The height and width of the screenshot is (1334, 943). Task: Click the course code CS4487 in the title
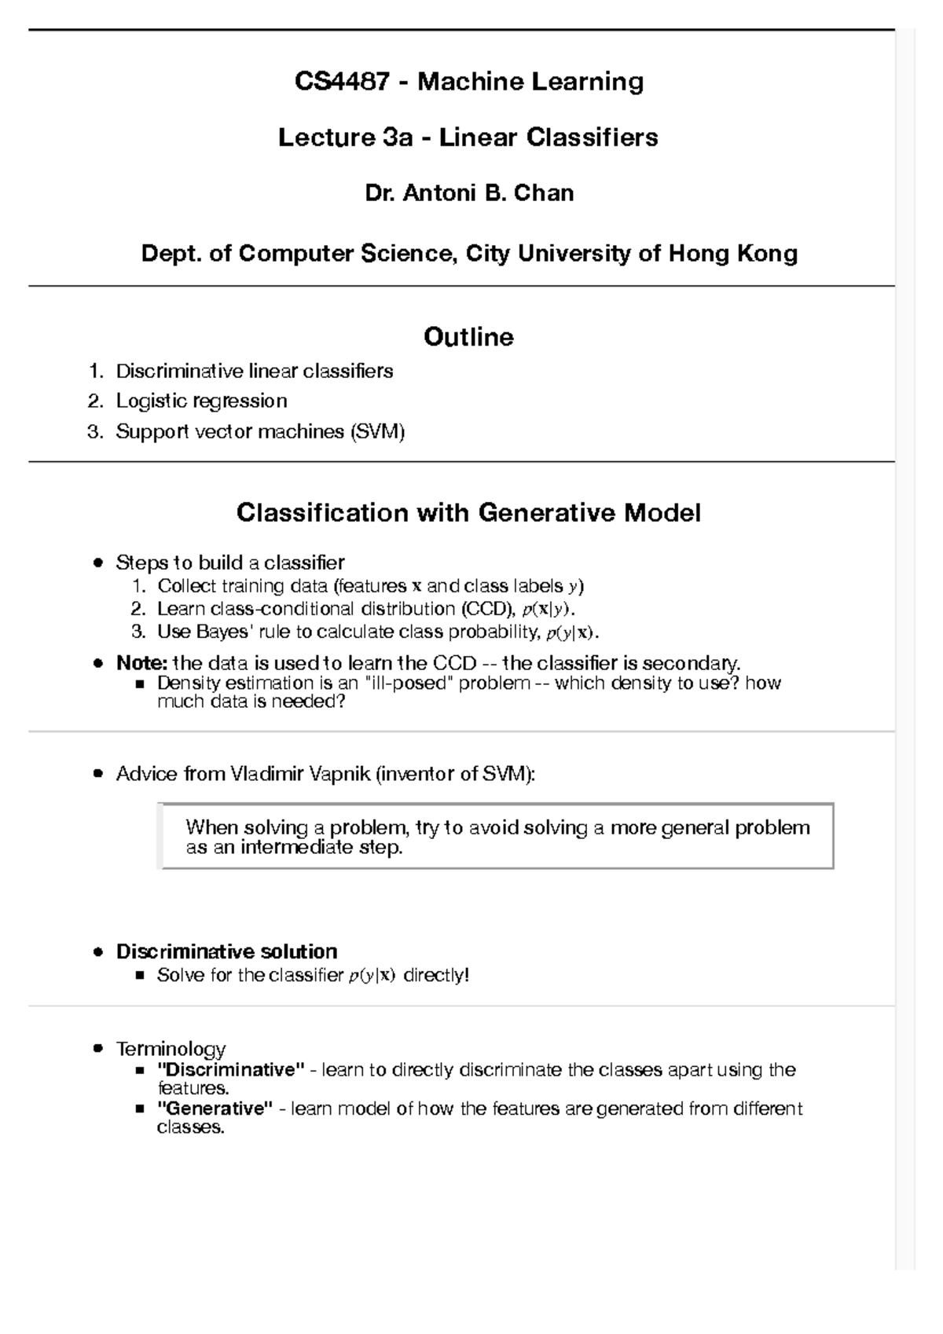pos(341,81)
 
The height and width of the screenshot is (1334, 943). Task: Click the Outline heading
pos(468,337)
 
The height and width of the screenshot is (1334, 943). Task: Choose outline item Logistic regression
pos(201,401)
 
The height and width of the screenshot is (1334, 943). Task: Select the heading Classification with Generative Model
pos(468,513)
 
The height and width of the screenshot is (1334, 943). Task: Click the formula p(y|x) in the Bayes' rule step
pos(571,632)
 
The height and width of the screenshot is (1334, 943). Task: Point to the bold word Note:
pos(141,663)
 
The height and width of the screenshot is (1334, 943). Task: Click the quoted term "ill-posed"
pos(409,683)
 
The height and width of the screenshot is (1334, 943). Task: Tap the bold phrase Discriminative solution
pos(226,951)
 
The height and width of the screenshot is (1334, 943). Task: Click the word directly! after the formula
pos(435,976)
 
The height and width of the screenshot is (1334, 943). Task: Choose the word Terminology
pos(171,1049)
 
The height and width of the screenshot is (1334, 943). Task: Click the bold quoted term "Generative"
pos(215,1109)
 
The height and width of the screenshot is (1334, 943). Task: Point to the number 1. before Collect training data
pos(139,586)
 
